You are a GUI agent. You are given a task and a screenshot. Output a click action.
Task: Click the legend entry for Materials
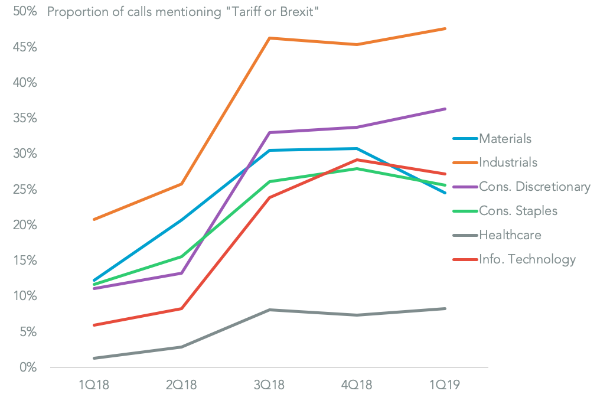[x=505, y=139]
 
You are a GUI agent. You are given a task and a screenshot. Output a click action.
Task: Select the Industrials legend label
[x=508, y=162]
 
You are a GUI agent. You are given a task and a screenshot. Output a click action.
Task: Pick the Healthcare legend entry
[x=510, y=235]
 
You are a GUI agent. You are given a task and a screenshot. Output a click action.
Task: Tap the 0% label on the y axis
[x=27, y=367]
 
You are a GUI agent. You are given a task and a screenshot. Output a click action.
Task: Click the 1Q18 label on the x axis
[x=94, y=385]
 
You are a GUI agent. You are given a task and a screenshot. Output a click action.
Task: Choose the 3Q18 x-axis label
[x=269, y=385]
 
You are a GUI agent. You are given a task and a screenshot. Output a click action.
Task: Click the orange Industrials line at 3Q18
[x=269, y=38]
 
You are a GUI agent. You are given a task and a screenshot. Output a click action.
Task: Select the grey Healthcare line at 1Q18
[x=94, y=358]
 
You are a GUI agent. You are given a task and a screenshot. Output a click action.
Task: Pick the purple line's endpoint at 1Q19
[x=445, y=109]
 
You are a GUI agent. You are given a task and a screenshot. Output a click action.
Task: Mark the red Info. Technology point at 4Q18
[x=357, y=159]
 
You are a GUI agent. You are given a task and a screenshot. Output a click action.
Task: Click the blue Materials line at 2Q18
[x=182, y=220]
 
